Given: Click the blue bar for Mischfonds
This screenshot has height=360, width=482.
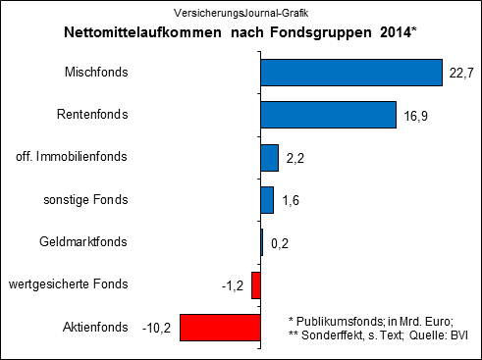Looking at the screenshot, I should (x=351, y=73).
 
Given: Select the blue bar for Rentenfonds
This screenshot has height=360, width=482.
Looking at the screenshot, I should (x=328, y=115).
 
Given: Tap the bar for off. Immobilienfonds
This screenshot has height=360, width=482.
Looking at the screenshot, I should (x=270, y=157).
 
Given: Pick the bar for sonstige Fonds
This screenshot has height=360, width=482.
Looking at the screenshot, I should (x=267, y=200).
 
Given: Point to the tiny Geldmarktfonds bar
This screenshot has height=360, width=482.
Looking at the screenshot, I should (x=262, y=242).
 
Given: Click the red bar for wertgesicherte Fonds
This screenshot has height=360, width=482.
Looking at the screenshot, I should (x=256, y=284).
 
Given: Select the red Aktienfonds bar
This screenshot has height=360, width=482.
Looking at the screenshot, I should (x=220, y=328).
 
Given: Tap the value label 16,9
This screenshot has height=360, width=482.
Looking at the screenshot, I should (x=416, y=116).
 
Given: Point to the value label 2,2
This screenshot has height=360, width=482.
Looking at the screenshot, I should (x=297, y=158).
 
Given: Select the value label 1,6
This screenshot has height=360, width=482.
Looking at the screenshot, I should (x=293, y=200).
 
